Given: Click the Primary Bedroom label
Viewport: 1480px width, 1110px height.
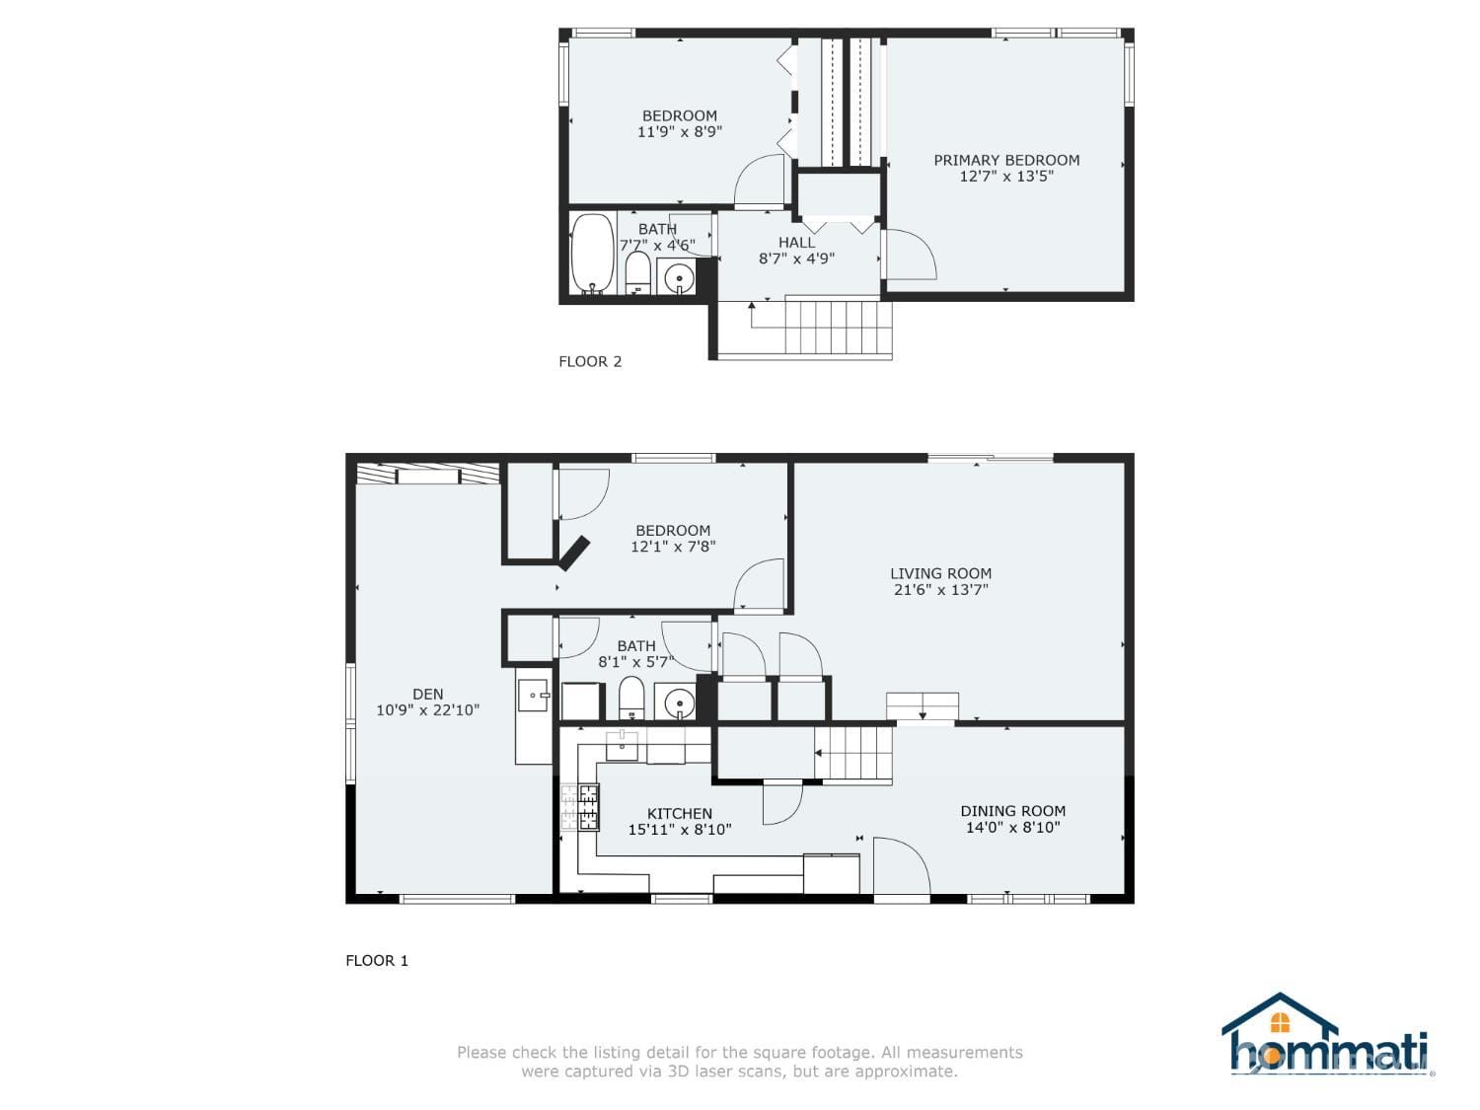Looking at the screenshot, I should pyautogui.click(x=1006, y=160).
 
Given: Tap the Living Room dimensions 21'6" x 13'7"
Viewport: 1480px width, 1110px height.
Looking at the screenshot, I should pyautogui.click(x=940, y=590).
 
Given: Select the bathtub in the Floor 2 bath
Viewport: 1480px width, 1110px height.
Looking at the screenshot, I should pyautogui.click(x=592, y=254).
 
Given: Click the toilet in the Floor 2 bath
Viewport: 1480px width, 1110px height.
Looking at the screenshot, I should pyautogui.click(x=637, y=272).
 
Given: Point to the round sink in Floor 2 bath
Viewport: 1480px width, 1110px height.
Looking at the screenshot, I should pyautogui.click(x=678, y=278).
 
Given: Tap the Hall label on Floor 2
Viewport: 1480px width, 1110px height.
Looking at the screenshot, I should pyautogui.click(x=796, y=243).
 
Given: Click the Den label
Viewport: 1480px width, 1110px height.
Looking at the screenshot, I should pyautogui.click(x=427, y=694).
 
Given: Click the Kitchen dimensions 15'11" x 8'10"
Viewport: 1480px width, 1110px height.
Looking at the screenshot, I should pyautogui.click(x=680, y=830).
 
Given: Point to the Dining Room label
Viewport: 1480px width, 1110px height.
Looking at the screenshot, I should pyautogui.click(x=1012, y=811).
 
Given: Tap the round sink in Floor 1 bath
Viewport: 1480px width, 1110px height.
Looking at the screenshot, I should pyautogui.click(x=679, y=703).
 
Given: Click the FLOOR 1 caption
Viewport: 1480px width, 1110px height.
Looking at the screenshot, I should pyautogui.click(x=377, y=960).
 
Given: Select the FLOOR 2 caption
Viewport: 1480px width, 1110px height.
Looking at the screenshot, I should pyautogui.click(x=590, y=361).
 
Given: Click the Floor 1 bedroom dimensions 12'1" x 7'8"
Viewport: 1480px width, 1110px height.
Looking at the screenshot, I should pyautogui.click(x=673, y=547).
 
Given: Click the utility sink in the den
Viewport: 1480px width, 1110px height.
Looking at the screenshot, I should pyautogui.click(x=534, y=695).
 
